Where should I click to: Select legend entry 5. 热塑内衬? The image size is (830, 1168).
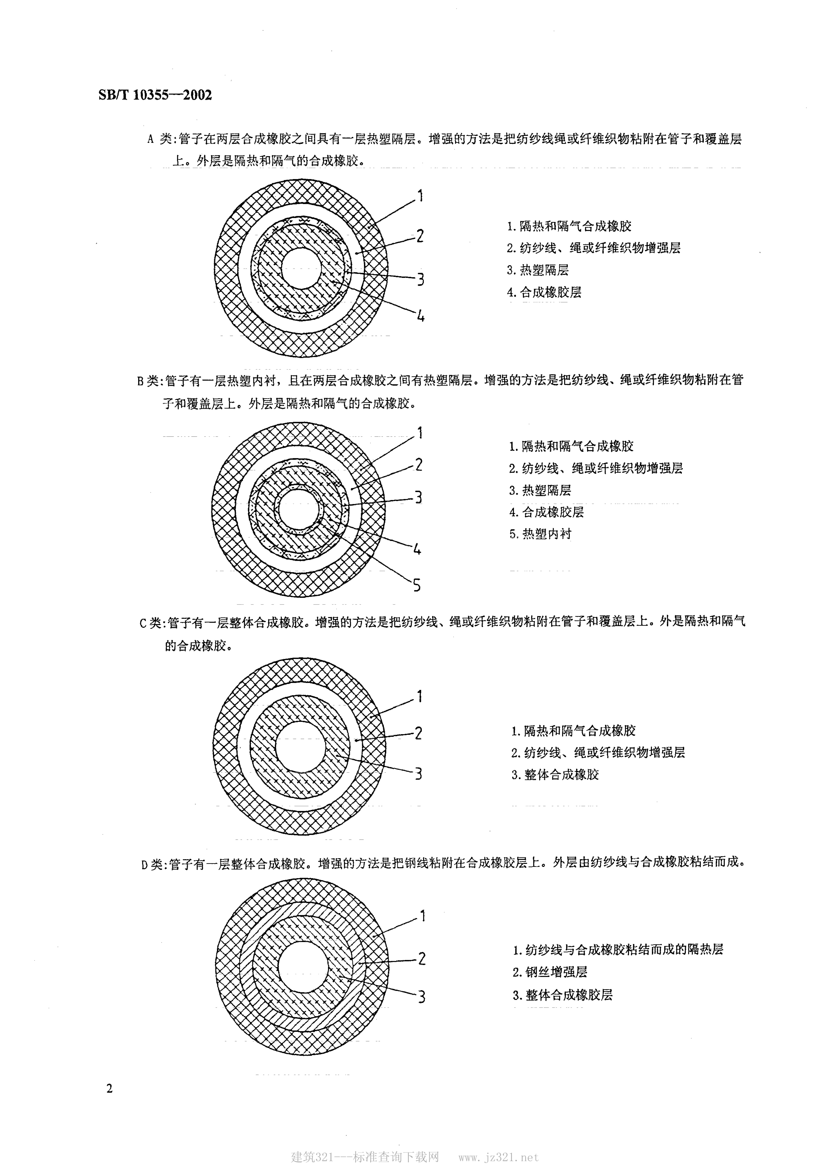(x=540, y=534)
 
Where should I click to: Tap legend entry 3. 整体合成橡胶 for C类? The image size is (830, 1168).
(x=555, y=774)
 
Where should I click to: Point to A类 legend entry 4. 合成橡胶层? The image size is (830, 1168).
(x=544, y=292)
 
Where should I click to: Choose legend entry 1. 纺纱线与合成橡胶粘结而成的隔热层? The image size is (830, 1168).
(x=618, y=950)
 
